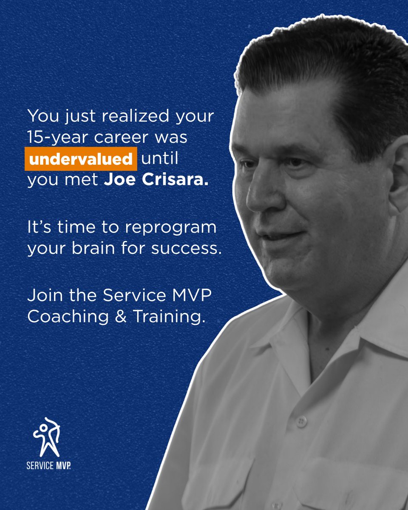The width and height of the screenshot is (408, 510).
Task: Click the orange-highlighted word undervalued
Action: tap(80, 159)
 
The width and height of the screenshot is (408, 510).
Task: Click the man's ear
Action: tap(397, 178)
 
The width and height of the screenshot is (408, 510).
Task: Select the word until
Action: tap(159, 159)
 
